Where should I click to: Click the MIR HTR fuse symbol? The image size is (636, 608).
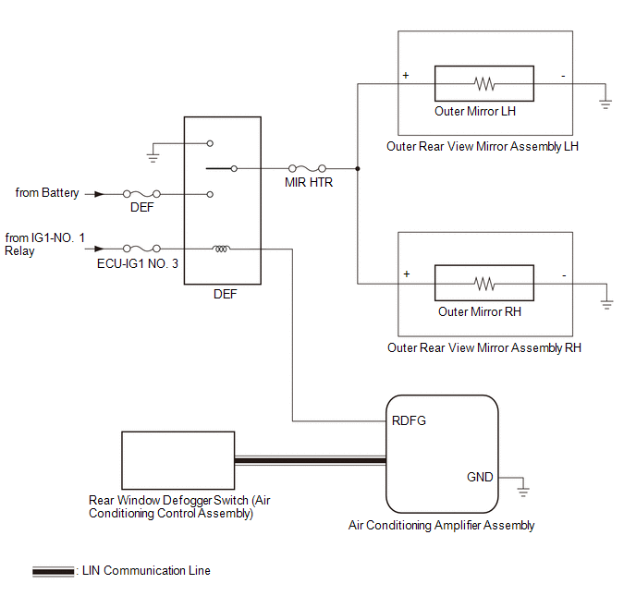308,169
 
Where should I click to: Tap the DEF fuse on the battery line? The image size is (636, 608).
141,194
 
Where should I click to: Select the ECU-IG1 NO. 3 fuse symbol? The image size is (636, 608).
141,249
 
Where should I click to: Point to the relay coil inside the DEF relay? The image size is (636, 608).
222,248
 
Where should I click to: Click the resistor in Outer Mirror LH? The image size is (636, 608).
484,84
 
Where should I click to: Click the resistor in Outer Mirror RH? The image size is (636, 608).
484,283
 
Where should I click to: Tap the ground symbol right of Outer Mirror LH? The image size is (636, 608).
606,103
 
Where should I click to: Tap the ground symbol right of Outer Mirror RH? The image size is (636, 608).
606,302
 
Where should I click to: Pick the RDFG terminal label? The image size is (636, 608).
409,421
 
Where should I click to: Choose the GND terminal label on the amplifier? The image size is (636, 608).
480,477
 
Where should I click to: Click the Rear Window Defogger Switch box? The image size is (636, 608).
177,460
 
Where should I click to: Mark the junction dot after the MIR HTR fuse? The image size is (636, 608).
358,169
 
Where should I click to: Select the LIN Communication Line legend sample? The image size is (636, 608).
54,572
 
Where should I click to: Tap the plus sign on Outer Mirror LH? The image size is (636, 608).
406,74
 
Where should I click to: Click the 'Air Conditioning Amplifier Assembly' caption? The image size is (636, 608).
441,526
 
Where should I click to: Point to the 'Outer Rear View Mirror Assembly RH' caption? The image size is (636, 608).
484,348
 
